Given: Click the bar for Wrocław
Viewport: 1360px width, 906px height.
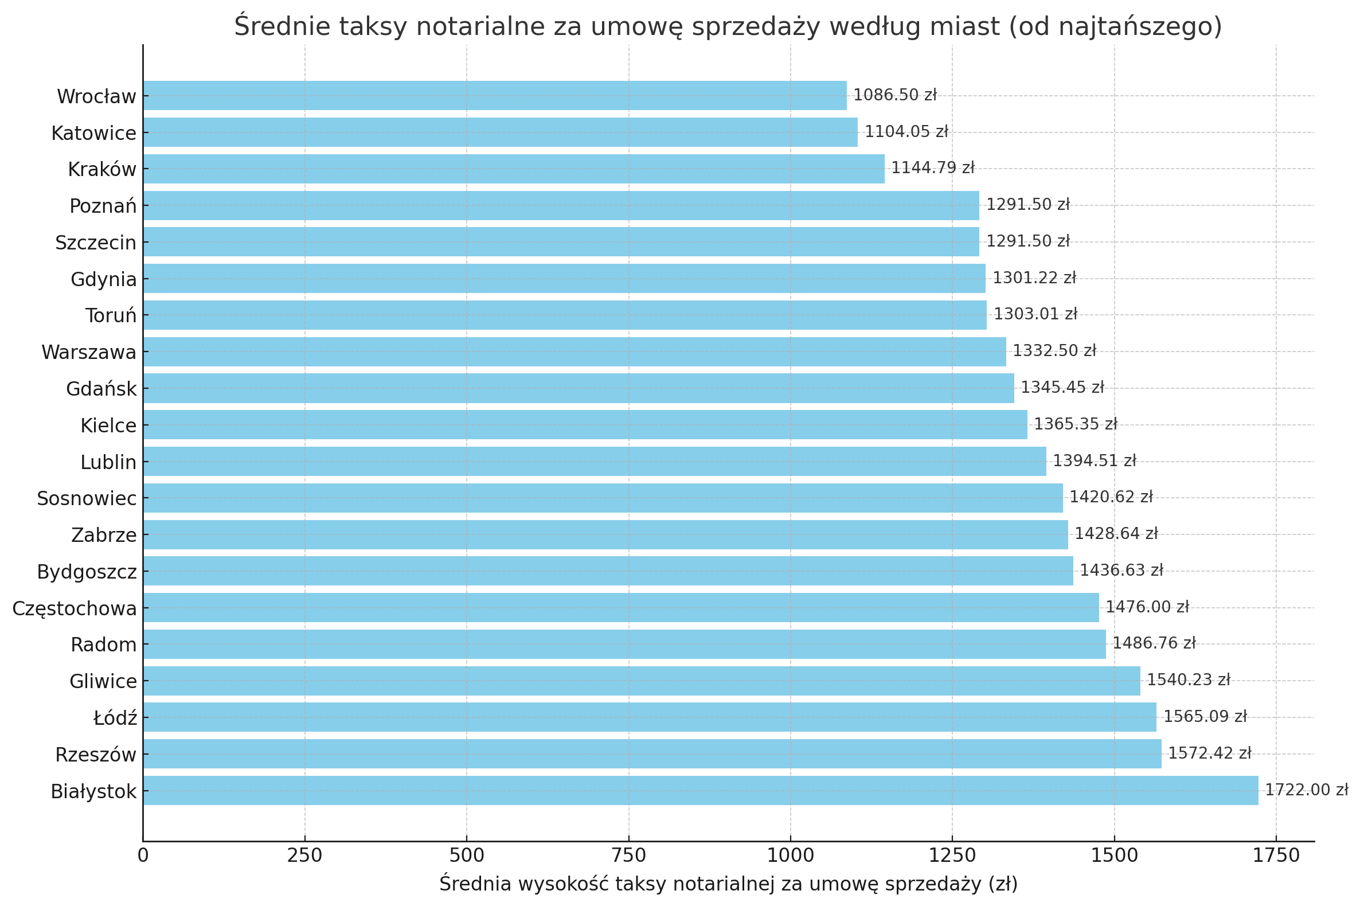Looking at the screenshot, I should point(495,95).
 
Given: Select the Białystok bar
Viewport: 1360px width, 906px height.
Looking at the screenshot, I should point(700,790).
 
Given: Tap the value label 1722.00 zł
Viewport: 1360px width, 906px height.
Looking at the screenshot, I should point(1306,790).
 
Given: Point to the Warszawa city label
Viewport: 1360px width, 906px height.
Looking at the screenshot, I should point(89,352).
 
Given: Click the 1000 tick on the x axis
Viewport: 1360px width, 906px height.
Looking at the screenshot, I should point(790,856).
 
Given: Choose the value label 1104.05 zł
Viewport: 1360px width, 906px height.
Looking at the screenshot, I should point(906,132).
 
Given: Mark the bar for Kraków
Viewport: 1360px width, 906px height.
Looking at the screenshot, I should point(514,169).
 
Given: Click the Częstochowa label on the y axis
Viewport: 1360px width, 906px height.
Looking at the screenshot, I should point(75,608).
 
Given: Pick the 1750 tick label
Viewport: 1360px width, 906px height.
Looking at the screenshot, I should point(1276,856).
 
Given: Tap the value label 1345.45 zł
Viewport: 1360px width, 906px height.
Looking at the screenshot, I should point(1062,387).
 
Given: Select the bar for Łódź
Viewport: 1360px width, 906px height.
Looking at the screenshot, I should point(650,717).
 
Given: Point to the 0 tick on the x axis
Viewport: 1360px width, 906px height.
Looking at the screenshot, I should point(143,856).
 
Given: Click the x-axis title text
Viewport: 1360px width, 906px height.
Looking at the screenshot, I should point(728,884).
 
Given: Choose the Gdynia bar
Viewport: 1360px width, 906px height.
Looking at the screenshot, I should point(564,279).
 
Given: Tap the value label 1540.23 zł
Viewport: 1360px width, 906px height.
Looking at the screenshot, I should point(1188,680).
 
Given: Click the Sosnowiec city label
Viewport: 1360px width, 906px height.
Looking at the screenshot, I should point(87,498).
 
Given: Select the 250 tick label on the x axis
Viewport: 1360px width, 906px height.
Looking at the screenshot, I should point(304,856).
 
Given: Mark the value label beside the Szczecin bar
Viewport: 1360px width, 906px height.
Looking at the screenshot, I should point(1027,241).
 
